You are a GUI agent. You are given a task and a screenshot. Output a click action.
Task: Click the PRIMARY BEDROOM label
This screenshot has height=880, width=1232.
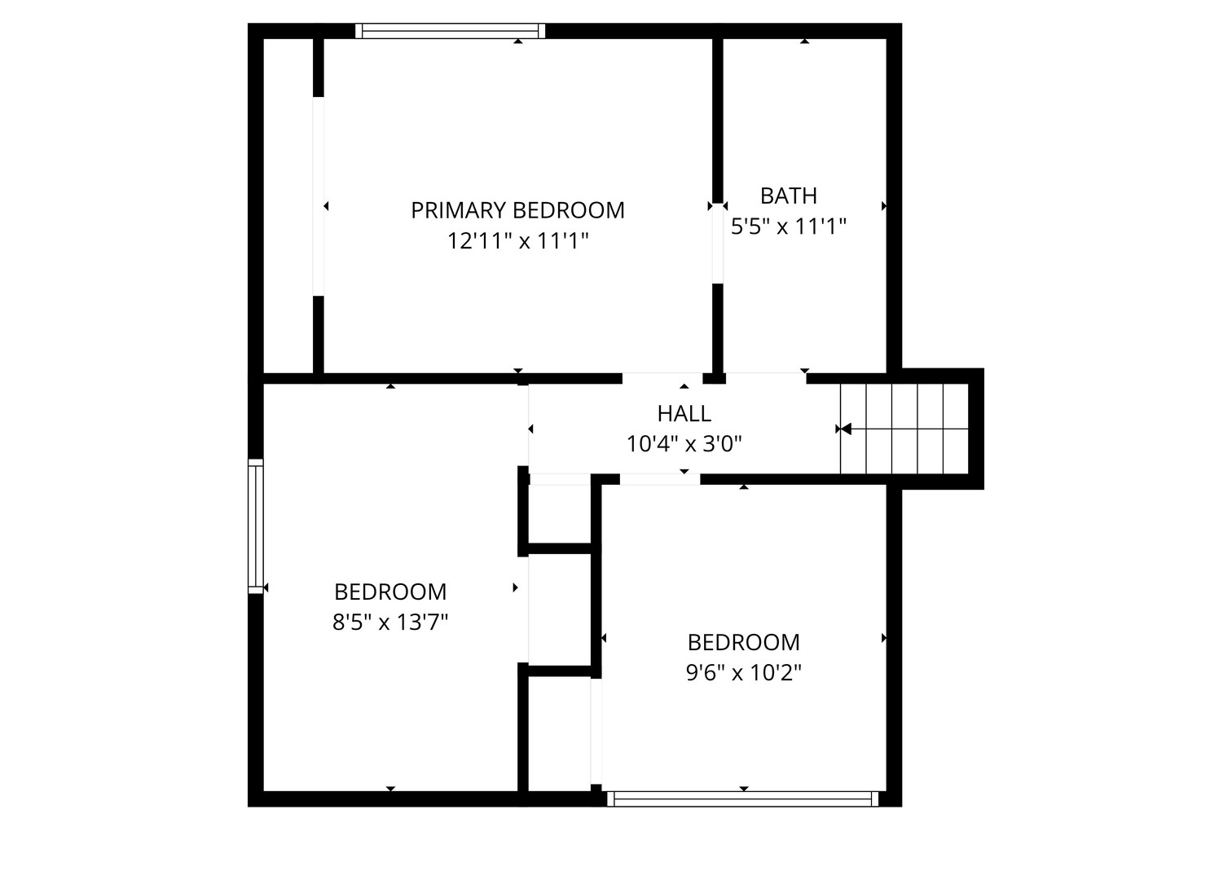click(x=517, y=210)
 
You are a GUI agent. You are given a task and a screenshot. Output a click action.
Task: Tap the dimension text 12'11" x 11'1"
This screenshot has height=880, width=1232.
click(x=517, y=241)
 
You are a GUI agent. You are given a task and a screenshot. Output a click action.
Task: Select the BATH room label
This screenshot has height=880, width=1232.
click(x=788, y=196)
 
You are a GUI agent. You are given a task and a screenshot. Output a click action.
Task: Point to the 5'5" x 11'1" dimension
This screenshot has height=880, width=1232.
click(x=788, y=226)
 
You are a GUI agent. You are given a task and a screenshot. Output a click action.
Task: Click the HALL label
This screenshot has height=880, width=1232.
click(x=684, y=414)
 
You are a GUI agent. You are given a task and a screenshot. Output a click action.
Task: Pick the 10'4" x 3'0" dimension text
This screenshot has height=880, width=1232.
click(x=684, y=444)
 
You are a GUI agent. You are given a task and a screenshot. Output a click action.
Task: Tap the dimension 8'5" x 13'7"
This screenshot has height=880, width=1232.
click(x=390, y=622)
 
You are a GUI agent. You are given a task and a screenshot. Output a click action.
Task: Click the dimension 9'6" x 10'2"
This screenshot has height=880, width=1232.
click(x=744, y=672)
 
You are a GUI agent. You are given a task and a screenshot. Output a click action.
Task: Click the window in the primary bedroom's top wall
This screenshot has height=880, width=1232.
click(x=450, y=31)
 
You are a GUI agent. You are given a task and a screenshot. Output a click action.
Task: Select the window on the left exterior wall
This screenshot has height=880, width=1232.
click(x=256, y=526)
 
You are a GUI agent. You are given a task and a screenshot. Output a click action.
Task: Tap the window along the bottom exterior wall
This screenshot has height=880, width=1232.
click(x=742, y=799)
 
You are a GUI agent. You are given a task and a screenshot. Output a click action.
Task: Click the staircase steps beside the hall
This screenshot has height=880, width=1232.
click(x=904, y=429)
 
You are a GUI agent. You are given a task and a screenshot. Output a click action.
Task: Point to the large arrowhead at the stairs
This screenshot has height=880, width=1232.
click(x=846, y=429)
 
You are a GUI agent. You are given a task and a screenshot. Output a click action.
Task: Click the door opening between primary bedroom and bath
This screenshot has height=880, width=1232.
click(x=718, y=244)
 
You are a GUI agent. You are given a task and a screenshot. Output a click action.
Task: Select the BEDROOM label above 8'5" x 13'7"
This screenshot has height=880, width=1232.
click(x=390, y=592)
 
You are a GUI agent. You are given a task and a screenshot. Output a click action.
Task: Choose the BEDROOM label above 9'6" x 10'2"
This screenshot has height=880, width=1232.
click(x=744, y=642)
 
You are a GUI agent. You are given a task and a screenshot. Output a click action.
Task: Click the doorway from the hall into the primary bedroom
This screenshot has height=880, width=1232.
click(x=662, y=378)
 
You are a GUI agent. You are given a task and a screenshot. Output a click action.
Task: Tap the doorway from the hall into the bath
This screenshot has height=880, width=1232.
click(x=766, y=378)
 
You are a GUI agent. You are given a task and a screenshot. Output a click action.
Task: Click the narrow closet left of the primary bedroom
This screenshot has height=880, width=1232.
click(x=288, y=205)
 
